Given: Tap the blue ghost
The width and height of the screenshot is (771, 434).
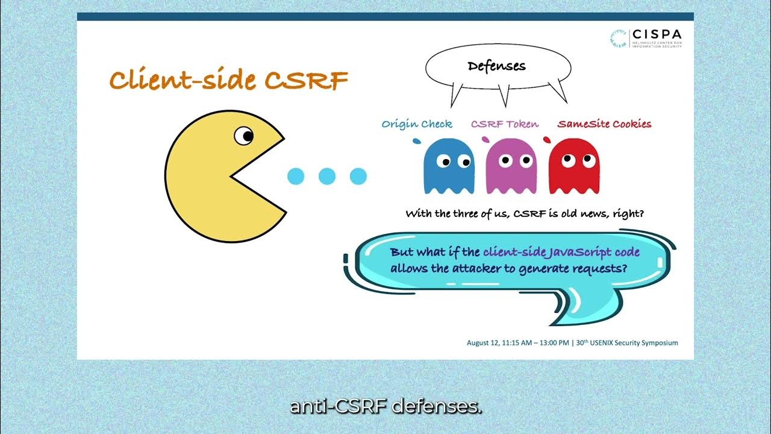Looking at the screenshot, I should (x=449, y=166).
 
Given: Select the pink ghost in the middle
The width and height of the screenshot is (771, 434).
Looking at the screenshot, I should (x=511, y=166).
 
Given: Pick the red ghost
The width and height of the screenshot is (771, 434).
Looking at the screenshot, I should (x=573, y=166).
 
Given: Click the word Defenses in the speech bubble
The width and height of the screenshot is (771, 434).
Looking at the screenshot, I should (x=496, y=66).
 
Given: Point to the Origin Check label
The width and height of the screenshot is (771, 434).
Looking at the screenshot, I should (x=417, y=124).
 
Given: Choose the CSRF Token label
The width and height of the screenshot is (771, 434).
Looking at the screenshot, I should (x=505, y=124).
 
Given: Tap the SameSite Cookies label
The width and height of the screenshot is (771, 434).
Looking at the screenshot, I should (x=604, y=124).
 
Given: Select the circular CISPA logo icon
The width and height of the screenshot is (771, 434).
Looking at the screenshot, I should (x=618, y=39).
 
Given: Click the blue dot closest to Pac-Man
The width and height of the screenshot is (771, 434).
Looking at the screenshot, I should (x=296, y=176).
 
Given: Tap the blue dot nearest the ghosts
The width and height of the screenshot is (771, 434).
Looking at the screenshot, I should (x=358, y=176).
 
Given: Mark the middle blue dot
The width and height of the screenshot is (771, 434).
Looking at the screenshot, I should (x=326, y=176).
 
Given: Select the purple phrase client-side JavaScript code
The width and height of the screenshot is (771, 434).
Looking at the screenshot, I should (x=561, y=252).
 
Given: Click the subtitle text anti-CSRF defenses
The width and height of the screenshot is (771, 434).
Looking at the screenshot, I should (x=385, y=407).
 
